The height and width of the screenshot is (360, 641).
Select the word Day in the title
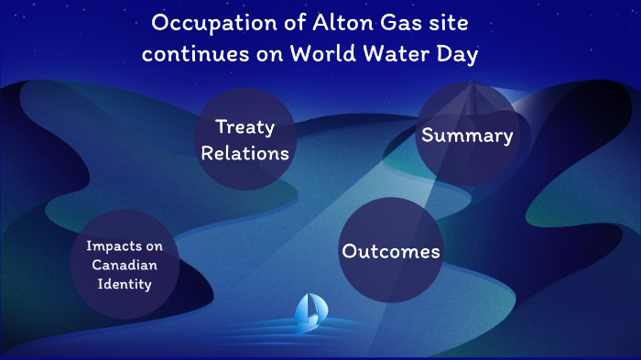coord(460,53)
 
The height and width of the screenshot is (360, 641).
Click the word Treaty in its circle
coord(244,127)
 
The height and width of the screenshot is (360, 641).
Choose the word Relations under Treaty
coord(244,153)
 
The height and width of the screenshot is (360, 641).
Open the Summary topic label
coord(466,136)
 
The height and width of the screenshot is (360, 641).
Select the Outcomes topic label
coord(391,251)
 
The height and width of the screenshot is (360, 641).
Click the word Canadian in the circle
coord(124,265)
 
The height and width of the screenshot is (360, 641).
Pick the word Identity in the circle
coord(124,284)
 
